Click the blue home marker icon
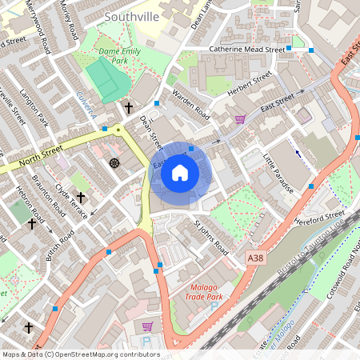click(180, 173)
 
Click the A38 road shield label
click(254, 258)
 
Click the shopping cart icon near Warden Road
click(240, 119)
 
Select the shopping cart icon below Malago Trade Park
click(147, 326)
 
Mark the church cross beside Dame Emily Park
click(128, 106)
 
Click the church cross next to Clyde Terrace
click(81, 197)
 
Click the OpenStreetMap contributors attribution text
click(80, 354)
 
